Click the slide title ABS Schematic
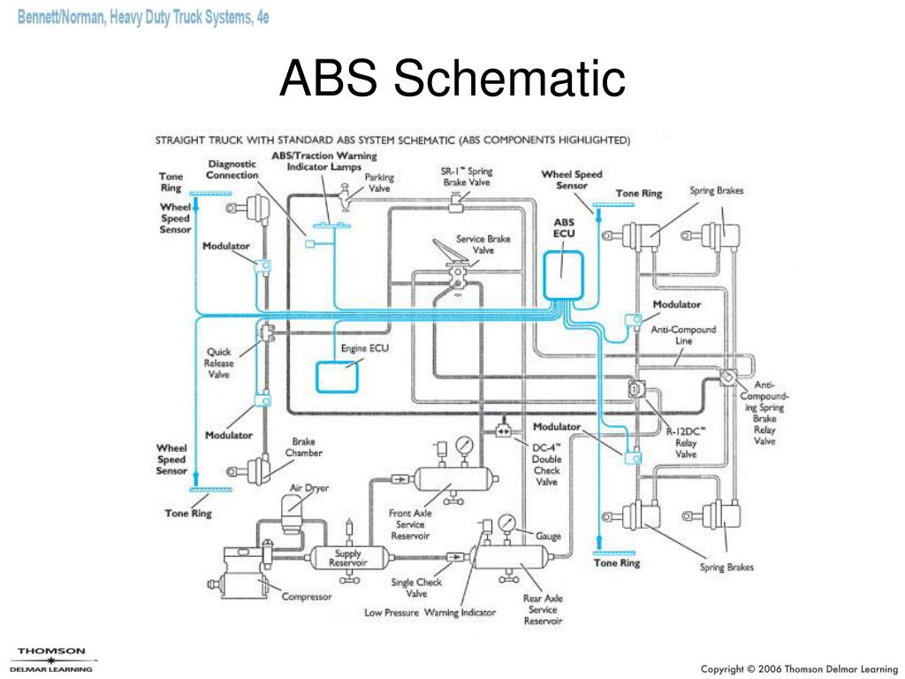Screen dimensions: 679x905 (452, 80)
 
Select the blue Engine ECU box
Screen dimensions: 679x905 (339, 378)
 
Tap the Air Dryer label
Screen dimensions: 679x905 (309, 488)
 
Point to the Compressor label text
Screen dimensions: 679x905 (307, 597)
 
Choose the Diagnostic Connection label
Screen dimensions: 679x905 (232, 169)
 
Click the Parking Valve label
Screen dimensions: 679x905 (379, 183)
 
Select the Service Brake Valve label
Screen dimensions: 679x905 (483, 244)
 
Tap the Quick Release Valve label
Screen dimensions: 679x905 (219, 362)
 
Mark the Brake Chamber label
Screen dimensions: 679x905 (303, 447)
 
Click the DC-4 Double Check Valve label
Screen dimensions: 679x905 (546, 464)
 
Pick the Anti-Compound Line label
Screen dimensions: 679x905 (683, 335)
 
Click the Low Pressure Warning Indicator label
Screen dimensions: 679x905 (430, 613)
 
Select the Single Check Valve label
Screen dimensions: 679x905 (416, 588)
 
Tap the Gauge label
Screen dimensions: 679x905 (548, 537)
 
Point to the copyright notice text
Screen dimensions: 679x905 (795, 668)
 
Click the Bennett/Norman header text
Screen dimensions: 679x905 (143, 17)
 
